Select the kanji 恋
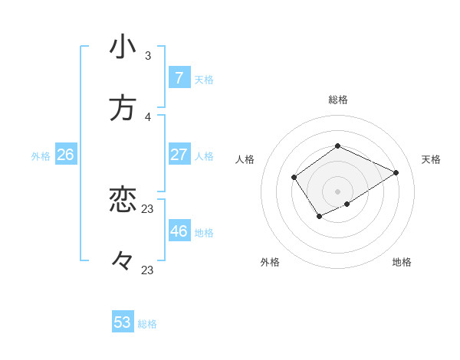123,200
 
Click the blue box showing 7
179,78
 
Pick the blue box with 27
179,155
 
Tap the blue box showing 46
179,231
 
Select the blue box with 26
65,155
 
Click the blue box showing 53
123,322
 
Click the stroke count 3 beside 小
148,55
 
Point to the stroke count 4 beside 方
148,116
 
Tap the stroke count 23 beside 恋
148,208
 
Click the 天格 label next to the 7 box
204,79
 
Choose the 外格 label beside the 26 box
41,155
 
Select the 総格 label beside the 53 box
147,323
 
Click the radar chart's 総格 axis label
337,100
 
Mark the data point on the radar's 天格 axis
396,172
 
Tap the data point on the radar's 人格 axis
294,178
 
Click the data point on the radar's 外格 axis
319,218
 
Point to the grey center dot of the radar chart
337,191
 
